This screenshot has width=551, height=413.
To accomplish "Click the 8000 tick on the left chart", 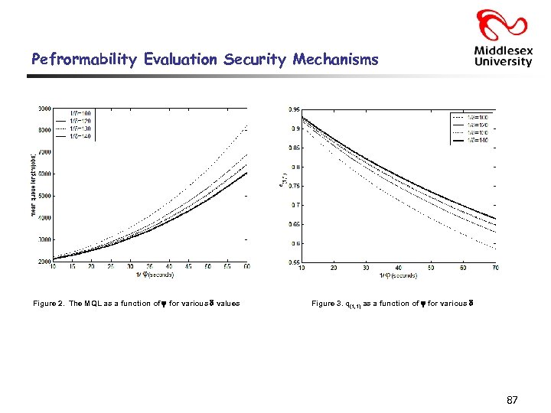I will [44, 130].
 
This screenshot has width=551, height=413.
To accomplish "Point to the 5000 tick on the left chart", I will [44, 196].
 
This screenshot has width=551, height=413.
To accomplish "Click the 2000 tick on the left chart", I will [44, 262].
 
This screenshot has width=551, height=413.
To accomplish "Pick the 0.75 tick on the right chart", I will [293, 186].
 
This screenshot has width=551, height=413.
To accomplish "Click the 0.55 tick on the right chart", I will [293, 262].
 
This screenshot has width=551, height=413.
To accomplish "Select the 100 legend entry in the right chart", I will [481, 116].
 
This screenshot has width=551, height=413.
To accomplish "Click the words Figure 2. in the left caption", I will [49, 304].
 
